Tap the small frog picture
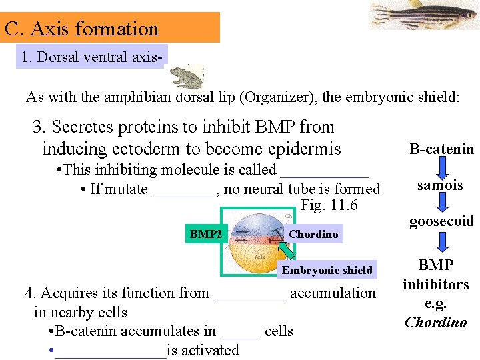pyautogui.click(x=188, y=76)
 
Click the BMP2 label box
pyautogui.click(x=206, y=234)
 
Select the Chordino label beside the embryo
pyautogui.click(x=313, y=234)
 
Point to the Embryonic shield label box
pyautogui.click(x=327, y=270)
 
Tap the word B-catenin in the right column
pyautogui.click(x=442, y=149)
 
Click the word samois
pyautogui.click(x=440, y=185)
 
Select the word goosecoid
pyautogui.click(x=441, y=221)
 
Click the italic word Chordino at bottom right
pyautogui.click(x=436, y=323)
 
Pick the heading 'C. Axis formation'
pyautogui.click(x=81, y=29)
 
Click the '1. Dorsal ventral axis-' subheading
pyautogui.click(x=92, y=57)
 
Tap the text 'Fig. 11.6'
pyautogui.click(x=329, y=205)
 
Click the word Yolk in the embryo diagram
pyautogui.click(x=259, y=256)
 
